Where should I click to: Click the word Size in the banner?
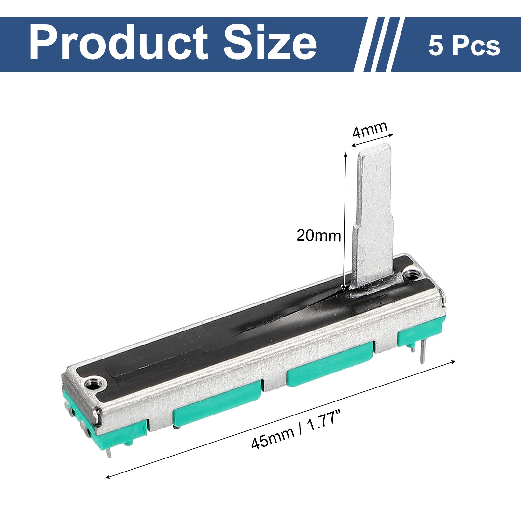coord(270,43)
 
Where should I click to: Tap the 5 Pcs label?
coord(464,46)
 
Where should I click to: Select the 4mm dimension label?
coord(370,130)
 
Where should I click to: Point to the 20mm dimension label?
coord(318,235)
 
